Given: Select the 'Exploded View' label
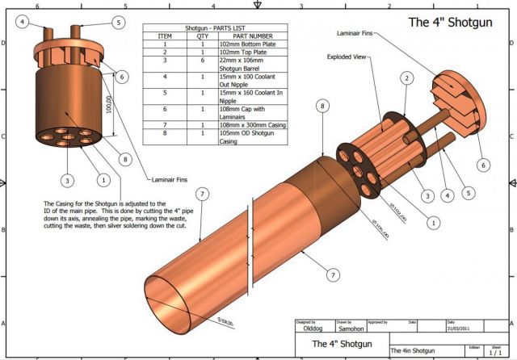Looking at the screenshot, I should [x=348, y=57].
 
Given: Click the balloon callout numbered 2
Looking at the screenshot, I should [x=408, y=78].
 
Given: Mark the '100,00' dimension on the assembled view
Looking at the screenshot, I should [x=108, y=103].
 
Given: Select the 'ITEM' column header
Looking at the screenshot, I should [x=165, y=36].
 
